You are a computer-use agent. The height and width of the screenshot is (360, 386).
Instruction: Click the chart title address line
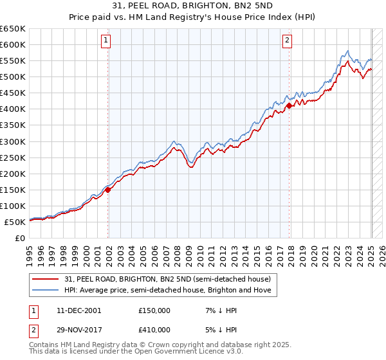pyautogui.click(x=192, y=6)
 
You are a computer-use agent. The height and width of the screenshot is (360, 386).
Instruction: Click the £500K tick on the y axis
pyautogui.click(x=14, y=76)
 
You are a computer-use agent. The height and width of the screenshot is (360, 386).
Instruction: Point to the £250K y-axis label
pyautogui.click(x=14, y=157)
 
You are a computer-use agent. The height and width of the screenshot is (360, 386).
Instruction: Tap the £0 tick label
pyautogui.click(x=20, y=238)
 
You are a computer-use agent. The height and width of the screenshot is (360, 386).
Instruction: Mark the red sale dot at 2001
pyautogui.click(x=108, y=190)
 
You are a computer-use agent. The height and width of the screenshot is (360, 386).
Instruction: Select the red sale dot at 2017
pyautogui.click(x=289, y=106)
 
